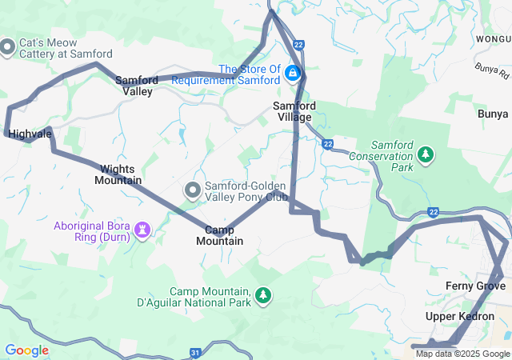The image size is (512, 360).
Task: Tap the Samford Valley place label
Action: [134, 86]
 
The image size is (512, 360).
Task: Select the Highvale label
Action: [30, 134]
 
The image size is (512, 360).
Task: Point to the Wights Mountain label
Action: [118, 174]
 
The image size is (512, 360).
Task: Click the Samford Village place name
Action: [294, 111]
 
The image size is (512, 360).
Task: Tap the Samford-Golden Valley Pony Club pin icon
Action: [193, 190]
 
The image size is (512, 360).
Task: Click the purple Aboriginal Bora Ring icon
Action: [143, 230]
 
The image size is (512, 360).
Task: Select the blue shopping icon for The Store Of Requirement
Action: [293, 74]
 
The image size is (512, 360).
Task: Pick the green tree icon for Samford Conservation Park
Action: [426, 153]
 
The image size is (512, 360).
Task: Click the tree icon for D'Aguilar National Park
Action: [262, 297]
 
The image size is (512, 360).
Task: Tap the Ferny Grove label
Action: [474, 286]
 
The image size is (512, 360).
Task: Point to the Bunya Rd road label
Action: [491, 73]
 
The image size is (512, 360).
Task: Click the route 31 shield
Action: [195, 352]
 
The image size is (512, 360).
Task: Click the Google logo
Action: [26, 350]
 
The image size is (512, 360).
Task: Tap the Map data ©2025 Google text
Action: [462, 354]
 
